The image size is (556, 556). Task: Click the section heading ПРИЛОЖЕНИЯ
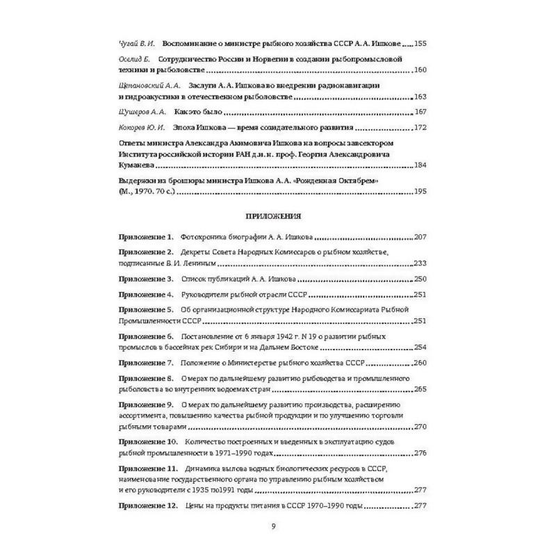click(277, 215)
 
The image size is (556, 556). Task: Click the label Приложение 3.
click(146, 279)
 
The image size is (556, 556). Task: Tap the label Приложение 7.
click(146, 363)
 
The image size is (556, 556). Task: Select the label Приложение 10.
click(148, 443)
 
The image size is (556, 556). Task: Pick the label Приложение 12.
click(148, 505)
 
